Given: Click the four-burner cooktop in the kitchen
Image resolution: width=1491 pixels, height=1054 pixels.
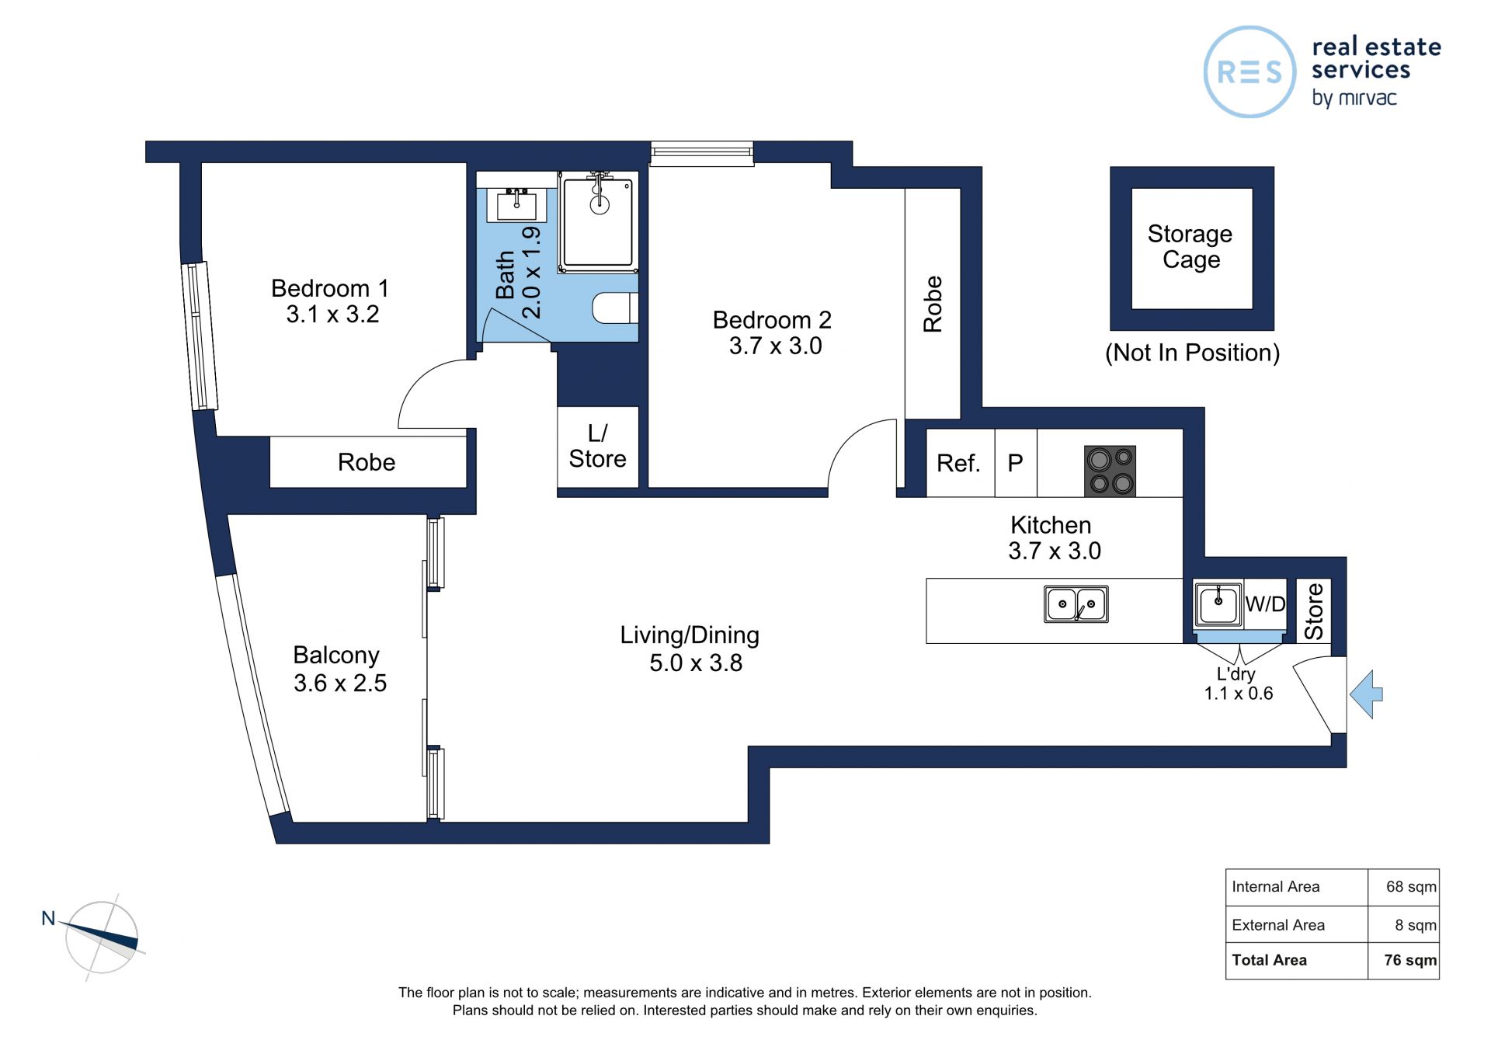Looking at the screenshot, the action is click(x=1110, y=471).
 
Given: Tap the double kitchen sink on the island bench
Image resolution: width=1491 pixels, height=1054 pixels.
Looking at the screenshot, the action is click(x=1076, y=604).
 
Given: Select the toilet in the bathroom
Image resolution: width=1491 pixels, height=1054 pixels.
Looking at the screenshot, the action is click(x=615, y=308).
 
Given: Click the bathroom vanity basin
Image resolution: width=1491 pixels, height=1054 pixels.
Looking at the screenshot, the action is click(x=516, y=204).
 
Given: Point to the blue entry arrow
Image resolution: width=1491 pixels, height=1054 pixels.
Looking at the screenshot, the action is click(x=1366, y=694).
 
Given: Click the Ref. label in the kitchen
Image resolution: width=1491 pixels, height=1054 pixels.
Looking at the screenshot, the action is click(x=958, y=464).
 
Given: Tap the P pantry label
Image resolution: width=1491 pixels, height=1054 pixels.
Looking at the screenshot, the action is click(x=1015, y=464).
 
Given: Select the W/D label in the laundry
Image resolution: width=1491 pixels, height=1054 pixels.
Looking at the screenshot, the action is click(x=1265, y=604).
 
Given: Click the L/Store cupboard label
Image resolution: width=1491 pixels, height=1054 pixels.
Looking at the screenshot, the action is click(x=597, y=446).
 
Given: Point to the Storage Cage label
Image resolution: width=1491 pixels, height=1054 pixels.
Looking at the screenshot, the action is click(x=1190, y=246).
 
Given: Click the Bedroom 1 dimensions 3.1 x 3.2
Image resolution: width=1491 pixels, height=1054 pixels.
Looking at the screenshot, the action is click(x=332, y=315).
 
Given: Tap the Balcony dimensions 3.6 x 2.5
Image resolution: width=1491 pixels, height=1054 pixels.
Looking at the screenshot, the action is click(x=339, y=684).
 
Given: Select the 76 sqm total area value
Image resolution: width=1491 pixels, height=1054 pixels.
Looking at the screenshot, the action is click(x=1410, y=960).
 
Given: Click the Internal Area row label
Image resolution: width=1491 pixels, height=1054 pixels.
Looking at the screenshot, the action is click(x=1275, y=887).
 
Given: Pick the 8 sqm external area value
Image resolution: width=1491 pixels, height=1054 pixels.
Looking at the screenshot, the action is click(x=1416, y=925).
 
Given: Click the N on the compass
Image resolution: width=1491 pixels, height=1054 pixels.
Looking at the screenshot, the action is click(x=48, y=918).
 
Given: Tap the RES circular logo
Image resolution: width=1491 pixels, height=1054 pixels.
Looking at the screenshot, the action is click(x=1249, y=72).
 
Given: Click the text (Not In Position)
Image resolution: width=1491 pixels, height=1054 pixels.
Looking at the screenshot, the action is click(x=1192, y=353).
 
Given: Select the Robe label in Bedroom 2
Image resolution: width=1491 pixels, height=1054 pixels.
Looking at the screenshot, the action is click(x=933, y=304).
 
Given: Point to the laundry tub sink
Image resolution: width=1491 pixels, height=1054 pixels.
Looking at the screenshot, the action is click(x=1218, y=604).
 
